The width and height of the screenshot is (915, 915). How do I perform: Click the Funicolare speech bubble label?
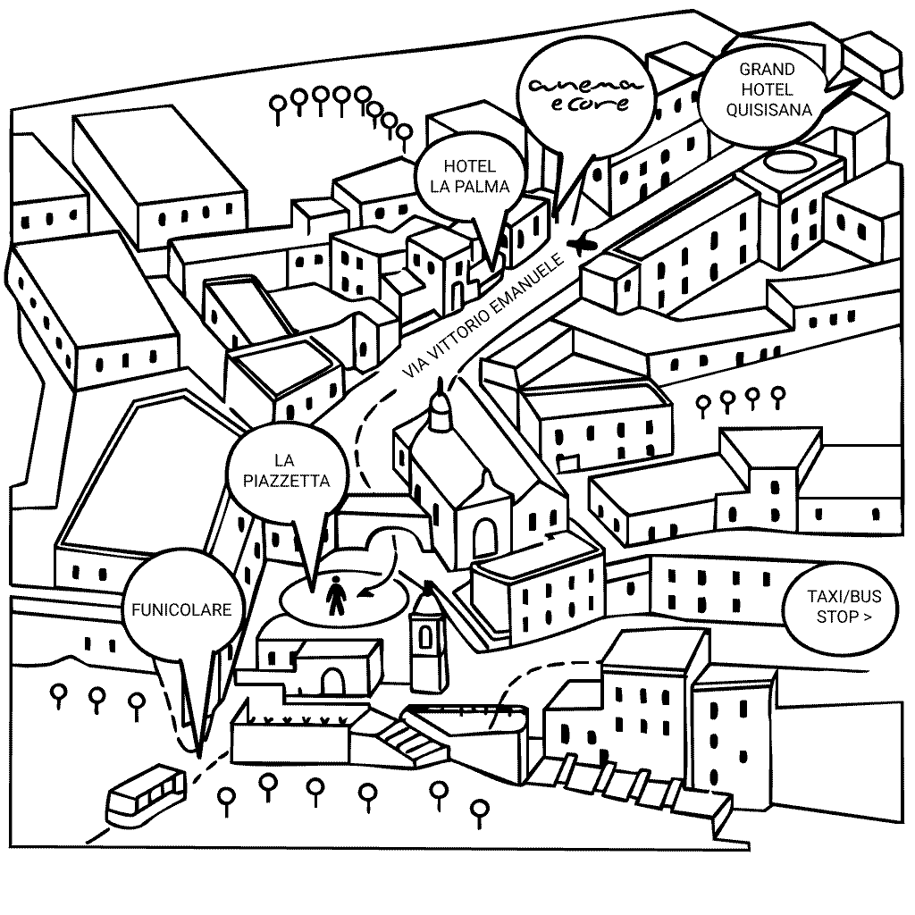pos(181,610)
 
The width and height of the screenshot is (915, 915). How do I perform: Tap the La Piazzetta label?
pos(285,471)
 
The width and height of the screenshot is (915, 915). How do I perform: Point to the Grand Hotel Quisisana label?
pos(768,90)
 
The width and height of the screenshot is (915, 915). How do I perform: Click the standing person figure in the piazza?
pos(336,596)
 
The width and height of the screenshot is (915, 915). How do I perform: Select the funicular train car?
pos(146,794)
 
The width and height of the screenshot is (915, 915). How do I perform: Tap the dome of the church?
pos(439,412)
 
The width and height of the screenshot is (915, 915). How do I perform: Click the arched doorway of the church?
pos(485,538)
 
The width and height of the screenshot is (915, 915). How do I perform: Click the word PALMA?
pos(487,188)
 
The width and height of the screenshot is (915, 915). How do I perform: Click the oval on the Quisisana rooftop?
pos(787,162)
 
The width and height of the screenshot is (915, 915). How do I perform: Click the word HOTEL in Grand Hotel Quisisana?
pos(768,90)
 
